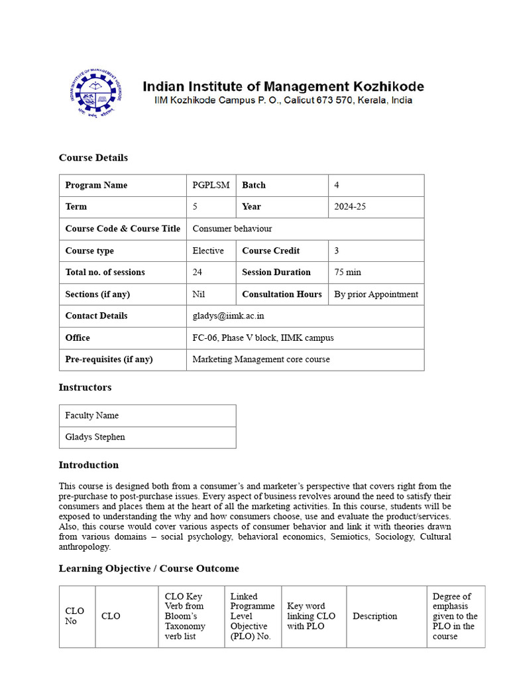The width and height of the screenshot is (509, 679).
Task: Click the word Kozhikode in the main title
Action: pyautogui.click(x=384, y=86)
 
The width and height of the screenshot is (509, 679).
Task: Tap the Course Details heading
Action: pyautogui.click(x=93, y=158)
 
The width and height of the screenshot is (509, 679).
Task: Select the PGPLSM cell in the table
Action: pyautogui.click(x=211, y=185)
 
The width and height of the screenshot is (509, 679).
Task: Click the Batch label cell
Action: pyautogui.click(x=254, y=185)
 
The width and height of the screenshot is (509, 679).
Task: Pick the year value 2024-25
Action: pyautogui.click(x=350, y=207)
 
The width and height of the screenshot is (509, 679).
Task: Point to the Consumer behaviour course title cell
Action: pyautogui.click(x=232, y=229)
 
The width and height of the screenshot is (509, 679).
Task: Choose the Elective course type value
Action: pyautogui.click(x=208, y=251)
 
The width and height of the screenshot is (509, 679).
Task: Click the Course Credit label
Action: pyautogui.click(x=270, y=251)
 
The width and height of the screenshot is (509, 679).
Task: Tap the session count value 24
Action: pyautogui.click(x=198, y=273)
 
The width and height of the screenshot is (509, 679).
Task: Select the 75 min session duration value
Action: pyautogui.click(x=348, y=273)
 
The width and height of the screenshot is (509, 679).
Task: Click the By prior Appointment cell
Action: pyautogui.click(x=376, y=294)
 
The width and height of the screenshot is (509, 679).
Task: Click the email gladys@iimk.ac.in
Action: pyautogui.click(x=228, y=316)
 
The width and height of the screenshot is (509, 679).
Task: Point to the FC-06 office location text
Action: pyautogui.click(x=263, y=338)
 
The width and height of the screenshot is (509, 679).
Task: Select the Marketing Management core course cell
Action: pyautogui.click(x=260, y=359)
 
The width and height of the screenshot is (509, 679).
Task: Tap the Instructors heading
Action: pyautogui.click(x=85, y=387)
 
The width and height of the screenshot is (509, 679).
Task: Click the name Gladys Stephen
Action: pyautogui.click(x=95, y=437)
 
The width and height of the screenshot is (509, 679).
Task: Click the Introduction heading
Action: pyautogui.click(x=89, y=465)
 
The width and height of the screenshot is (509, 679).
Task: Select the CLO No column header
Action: pyautogui.click(x=75, y=616)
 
